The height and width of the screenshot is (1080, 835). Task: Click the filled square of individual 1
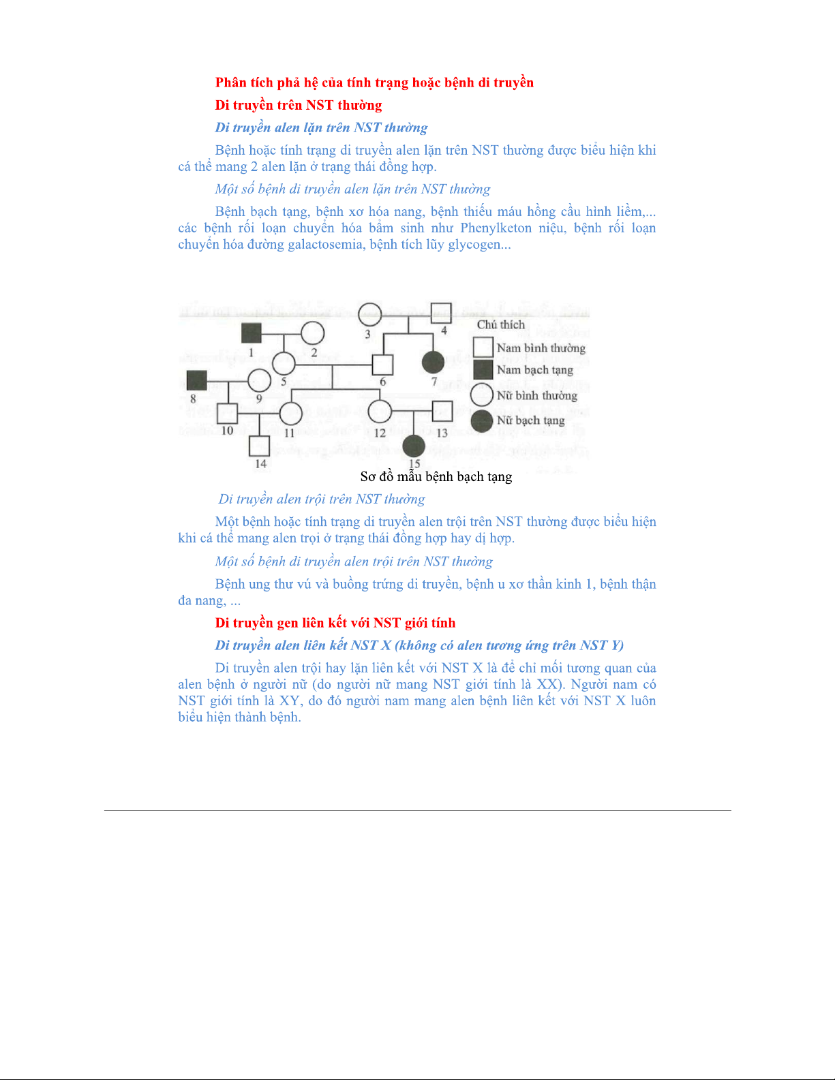pos(252,333)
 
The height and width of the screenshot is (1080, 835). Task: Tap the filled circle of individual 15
pos(414,447)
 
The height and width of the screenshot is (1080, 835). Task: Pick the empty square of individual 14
pos(260,446)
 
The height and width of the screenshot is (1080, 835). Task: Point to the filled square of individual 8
pos(196,381)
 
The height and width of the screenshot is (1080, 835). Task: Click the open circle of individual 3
pos(369,313)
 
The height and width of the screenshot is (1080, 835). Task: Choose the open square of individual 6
pos(383,365)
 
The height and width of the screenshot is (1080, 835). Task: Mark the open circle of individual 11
pos(291,413)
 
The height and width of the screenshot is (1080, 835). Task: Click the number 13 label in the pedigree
pos(442,433)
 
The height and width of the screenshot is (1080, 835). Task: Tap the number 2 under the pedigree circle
pos(314,352)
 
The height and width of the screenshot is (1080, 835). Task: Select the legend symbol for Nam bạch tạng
pos(483,370)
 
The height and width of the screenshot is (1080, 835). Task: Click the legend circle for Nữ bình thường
pos(483,395)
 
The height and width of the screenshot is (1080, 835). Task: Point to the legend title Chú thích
pos(501,325)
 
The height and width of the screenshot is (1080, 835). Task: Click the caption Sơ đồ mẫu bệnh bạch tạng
pos(436,477)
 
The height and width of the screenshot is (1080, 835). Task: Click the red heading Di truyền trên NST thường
pos(299,105)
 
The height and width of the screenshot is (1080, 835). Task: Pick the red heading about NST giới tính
pos(335,623)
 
